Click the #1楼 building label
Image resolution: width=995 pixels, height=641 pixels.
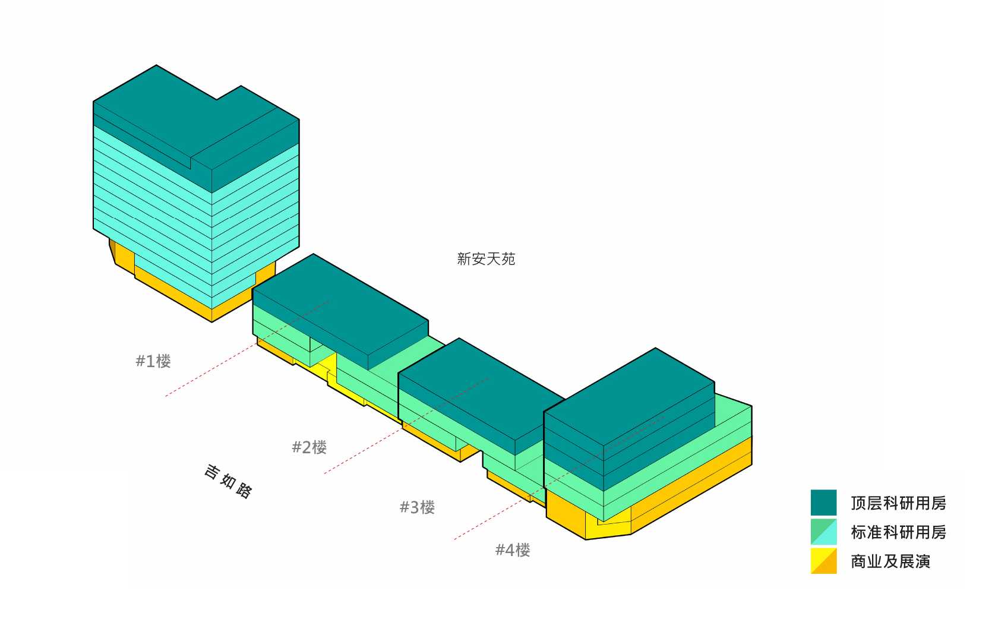pos(153,361)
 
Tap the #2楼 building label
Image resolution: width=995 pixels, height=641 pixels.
pos(309,447)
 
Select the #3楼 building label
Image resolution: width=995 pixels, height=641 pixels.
pos(417,507)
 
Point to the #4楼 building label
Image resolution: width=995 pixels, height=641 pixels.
pos(513,550)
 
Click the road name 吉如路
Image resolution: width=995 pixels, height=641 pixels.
pos(228,481)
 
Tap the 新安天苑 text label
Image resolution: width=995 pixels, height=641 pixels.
pos(486,259)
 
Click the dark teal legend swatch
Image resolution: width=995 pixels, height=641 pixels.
pos(823,503)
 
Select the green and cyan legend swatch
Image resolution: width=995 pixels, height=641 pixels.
pos(823,532)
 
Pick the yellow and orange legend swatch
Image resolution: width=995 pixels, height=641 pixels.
pos(823,561)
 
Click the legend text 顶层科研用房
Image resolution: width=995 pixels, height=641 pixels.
pos(898,503)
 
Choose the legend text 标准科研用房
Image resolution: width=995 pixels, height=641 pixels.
pos(898,532)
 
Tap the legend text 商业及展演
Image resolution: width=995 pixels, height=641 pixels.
pos(890,561)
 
